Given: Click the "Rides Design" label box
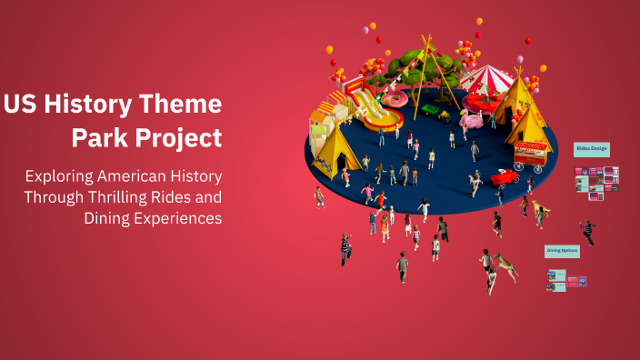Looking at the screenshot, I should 592,148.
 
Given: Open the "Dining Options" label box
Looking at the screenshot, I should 562,250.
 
